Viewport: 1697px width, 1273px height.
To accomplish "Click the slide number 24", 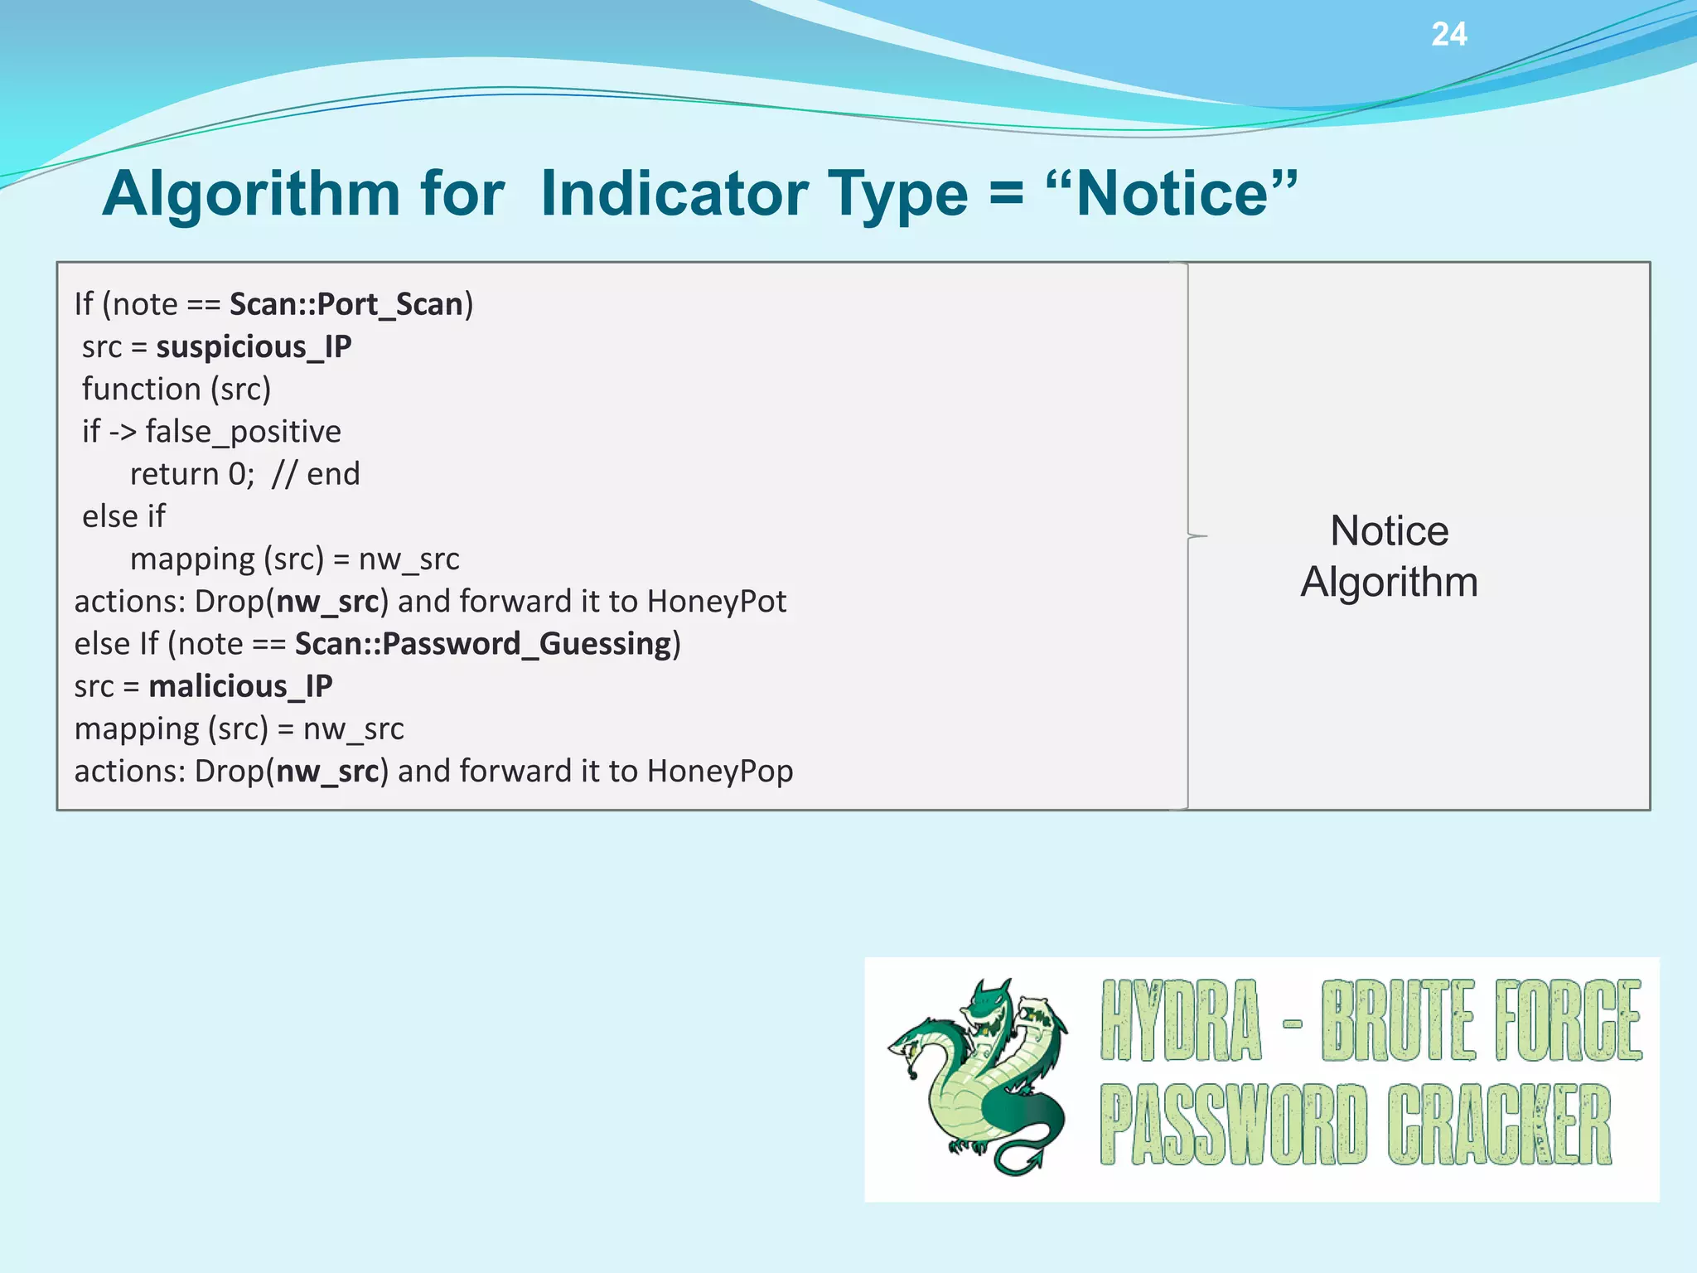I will click(1448, 35).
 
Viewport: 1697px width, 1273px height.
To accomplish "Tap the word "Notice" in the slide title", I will click(1172, 194).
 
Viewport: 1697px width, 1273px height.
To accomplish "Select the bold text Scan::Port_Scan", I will click(346, 304).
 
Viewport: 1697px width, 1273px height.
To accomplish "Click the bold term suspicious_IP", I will click(254, 346).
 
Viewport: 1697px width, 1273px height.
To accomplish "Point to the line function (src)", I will click(176, 389).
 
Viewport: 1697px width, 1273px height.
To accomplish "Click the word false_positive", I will click(243, 432).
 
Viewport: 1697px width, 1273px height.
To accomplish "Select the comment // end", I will click(316, 474).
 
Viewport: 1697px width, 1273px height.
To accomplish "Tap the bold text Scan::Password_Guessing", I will click(483, 644).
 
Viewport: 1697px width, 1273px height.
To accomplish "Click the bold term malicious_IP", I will click(240, 686).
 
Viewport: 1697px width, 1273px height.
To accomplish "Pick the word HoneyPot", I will click(716, 602).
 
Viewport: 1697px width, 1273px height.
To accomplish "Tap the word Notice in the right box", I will click(1389, 530).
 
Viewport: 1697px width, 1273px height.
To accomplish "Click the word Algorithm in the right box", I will click(1389, 582).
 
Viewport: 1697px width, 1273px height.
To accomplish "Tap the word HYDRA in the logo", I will click(1180, 1021).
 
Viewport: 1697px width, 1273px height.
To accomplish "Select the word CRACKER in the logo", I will click(1499, 1125).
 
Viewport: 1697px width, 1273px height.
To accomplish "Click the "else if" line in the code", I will click(123, 516).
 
